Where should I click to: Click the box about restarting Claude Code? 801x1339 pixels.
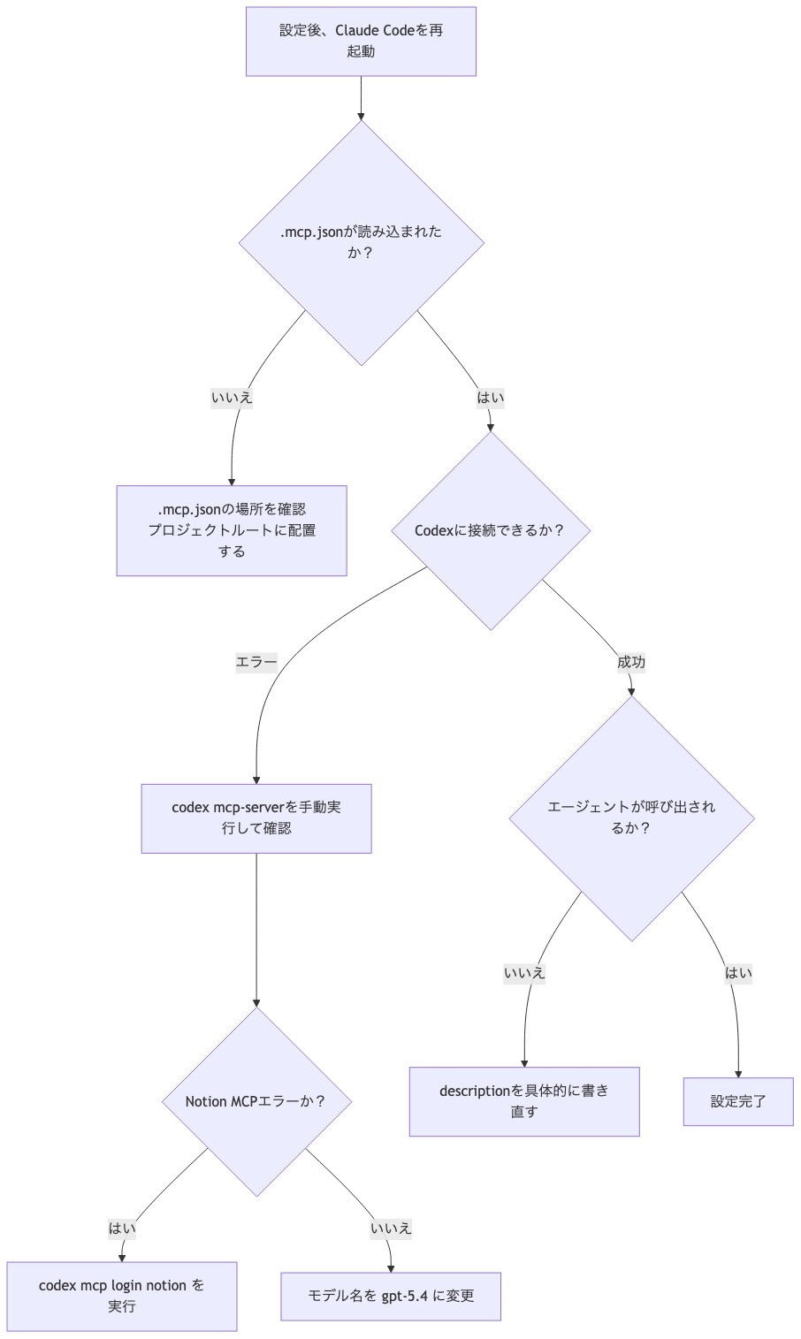361,42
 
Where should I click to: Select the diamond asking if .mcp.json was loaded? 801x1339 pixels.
361,242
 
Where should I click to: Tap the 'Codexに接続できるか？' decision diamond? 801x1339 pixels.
491,530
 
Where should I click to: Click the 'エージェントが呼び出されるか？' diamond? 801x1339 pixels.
631,818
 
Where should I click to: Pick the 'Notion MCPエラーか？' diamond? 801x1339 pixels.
256,1101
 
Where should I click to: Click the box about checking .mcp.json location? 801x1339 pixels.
232,530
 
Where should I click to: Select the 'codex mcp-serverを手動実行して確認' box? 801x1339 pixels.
256,818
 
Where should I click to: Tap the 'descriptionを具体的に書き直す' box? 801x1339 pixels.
524,1101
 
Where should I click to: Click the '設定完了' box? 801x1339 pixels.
738,1101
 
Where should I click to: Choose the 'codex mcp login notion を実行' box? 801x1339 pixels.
122,1296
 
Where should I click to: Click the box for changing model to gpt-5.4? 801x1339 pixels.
391,1296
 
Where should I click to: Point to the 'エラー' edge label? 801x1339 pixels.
256,662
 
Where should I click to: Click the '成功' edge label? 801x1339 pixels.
631,662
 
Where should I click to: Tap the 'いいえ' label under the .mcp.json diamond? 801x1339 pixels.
232,398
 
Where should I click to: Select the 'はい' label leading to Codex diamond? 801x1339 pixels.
491,398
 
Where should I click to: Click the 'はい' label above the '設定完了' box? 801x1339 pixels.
738,973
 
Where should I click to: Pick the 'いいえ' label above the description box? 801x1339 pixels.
524,973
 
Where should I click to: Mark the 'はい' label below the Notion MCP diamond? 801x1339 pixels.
122,1228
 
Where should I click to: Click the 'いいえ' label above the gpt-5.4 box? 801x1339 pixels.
391,1228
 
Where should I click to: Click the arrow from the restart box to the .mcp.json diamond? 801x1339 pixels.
361,97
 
